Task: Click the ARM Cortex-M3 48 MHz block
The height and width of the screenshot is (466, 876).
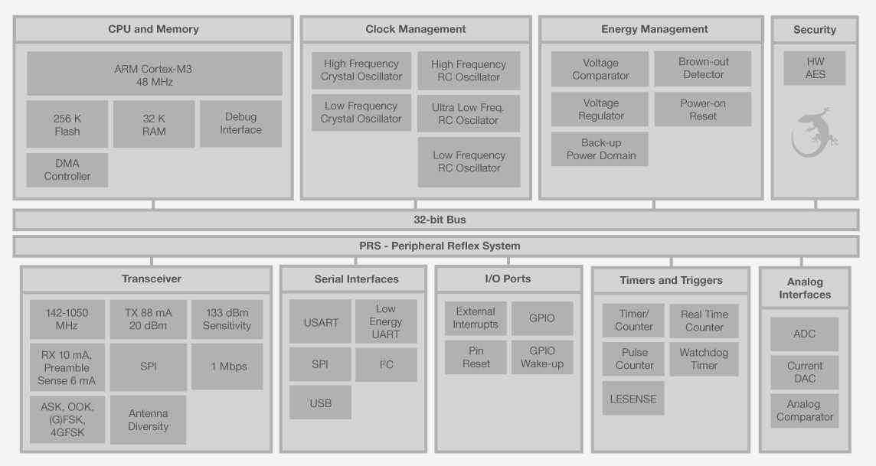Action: click(154, 74)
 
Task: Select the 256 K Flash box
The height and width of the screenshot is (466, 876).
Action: click(67, 124)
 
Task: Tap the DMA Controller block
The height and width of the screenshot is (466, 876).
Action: click(67, 170)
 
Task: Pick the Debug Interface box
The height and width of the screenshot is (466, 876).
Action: click(240, 124)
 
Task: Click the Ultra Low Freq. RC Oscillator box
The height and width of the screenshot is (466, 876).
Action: click(469, 113)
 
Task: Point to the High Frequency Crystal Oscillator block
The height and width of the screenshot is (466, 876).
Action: click(361, 70)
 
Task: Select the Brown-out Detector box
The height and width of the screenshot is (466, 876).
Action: click(702, 68)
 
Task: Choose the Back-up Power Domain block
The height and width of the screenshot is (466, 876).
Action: click(600, 149)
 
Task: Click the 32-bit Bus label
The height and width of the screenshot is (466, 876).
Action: click(435, 220)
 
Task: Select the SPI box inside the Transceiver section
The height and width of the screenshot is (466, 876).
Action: click(148, 367)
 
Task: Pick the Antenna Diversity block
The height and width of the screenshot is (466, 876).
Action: click(148, 419)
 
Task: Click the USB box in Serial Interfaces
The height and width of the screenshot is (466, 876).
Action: click(320, 402)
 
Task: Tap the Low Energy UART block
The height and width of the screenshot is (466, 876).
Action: click(386, 321)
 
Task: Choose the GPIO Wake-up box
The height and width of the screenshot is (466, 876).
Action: click(542, 357)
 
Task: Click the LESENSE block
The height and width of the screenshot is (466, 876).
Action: click(633, 399)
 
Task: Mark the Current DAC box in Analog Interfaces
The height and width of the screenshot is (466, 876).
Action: click(804, 372)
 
